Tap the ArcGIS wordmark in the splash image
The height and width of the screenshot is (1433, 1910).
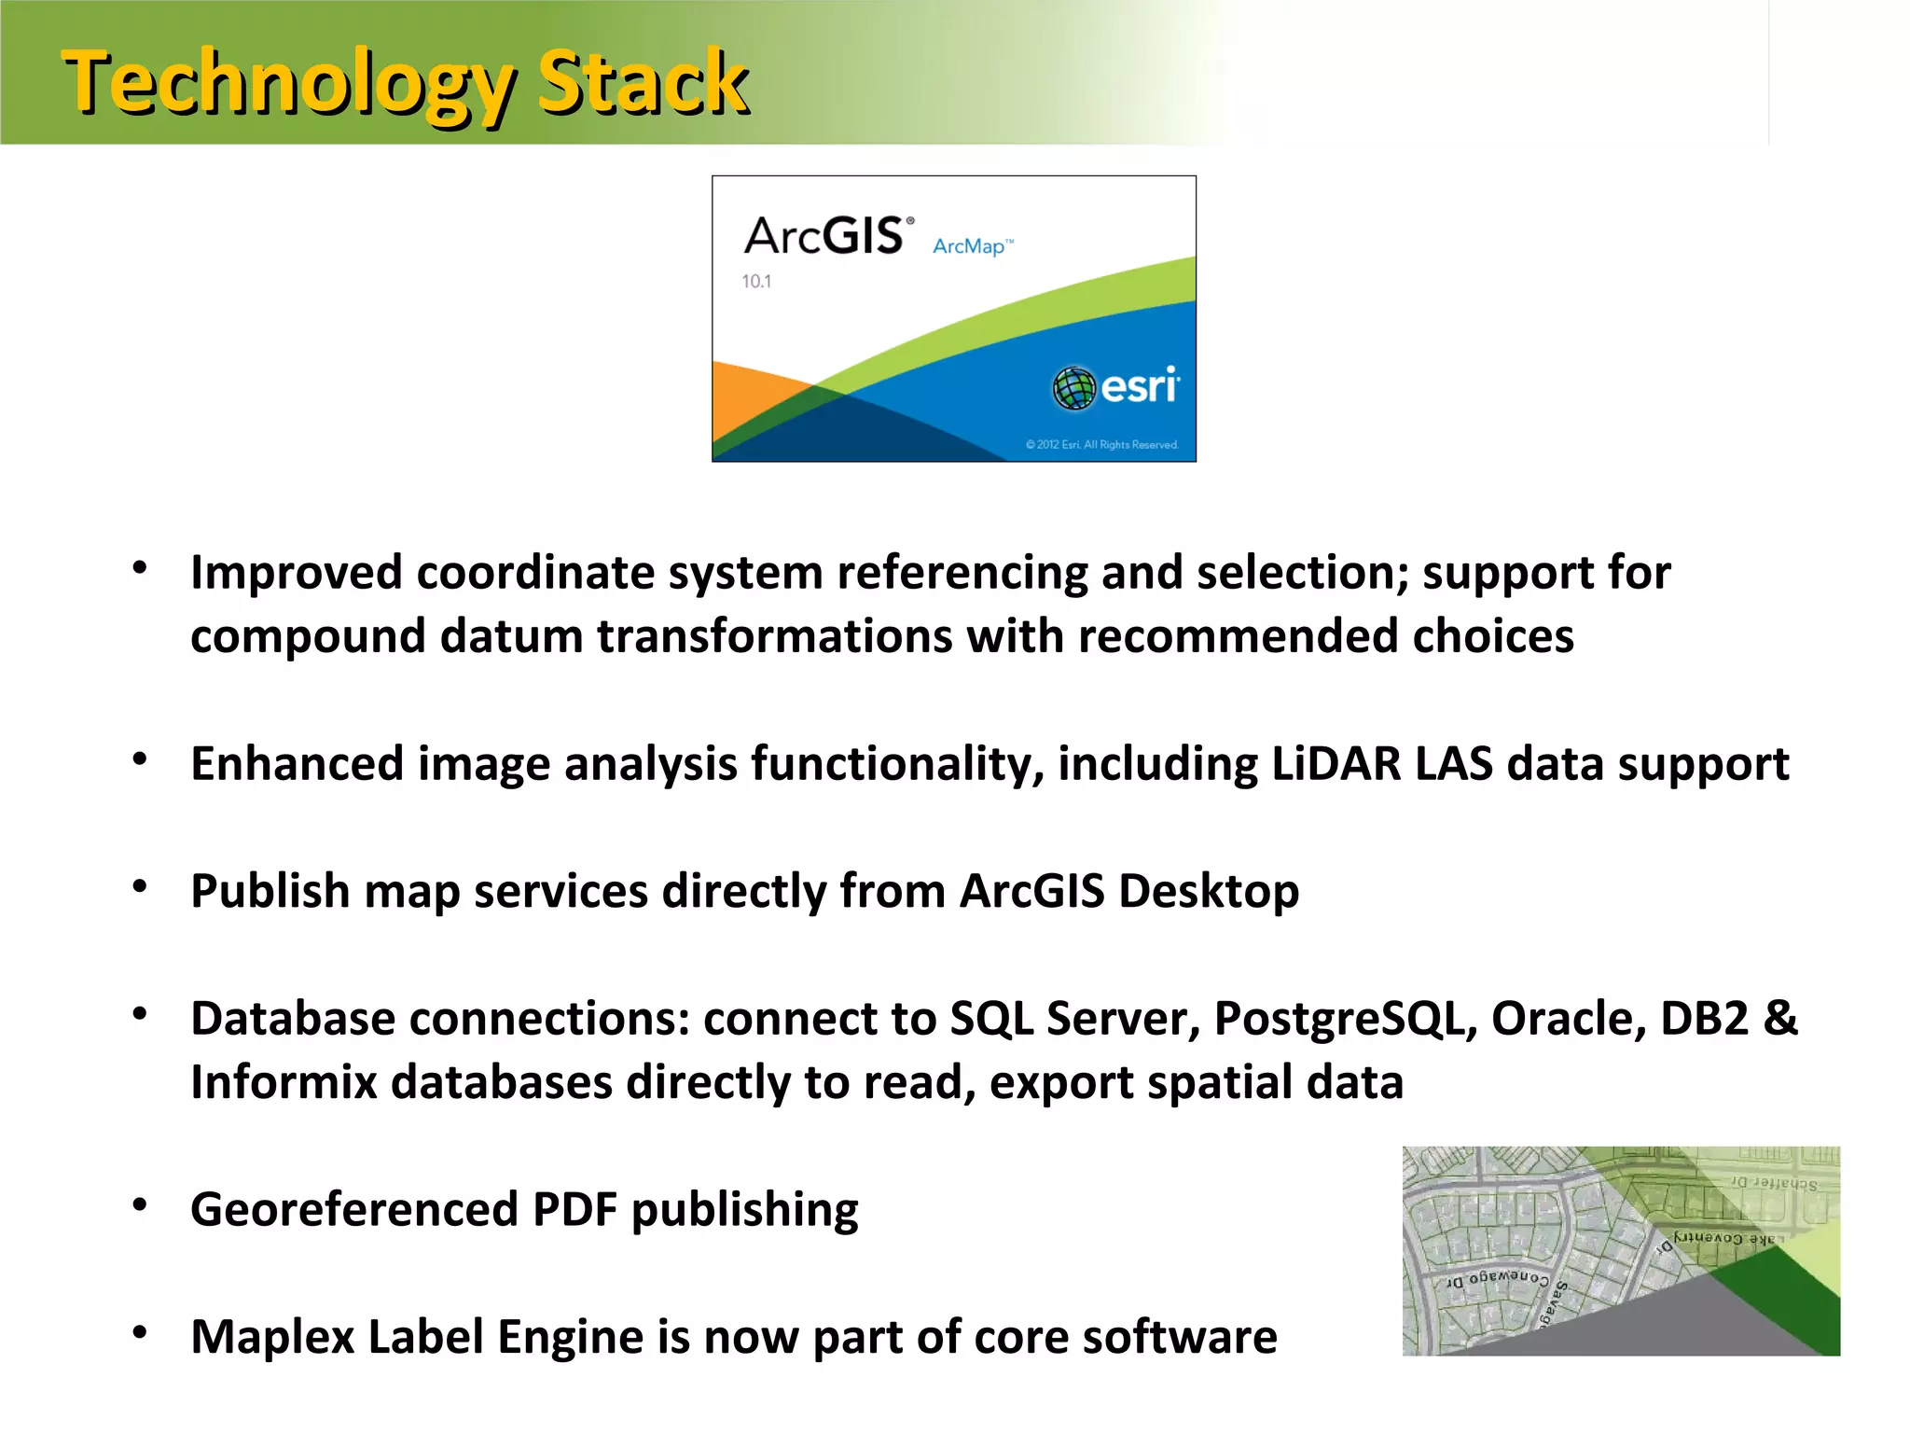(x=825, y=235)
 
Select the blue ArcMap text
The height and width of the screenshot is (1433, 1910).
(x=970, y=246)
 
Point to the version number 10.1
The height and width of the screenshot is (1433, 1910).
(x=756, y=281)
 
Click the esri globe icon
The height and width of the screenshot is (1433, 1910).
(x=1073, y=387)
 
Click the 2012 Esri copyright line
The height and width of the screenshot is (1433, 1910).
(x=1101, y=445)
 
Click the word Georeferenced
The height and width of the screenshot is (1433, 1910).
(x=353, y=1209)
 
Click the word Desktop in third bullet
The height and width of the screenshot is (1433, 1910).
(x=1209, y=891)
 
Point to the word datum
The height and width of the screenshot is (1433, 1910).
(x=510, y=636)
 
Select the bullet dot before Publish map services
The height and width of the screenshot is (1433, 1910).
(x=140, y=886)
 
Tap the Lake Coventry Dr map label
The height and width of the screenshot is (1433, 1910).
(x=1725, y=1239)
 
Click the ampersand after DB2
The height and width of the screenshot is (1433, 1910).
(x=1779, y=1018)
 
